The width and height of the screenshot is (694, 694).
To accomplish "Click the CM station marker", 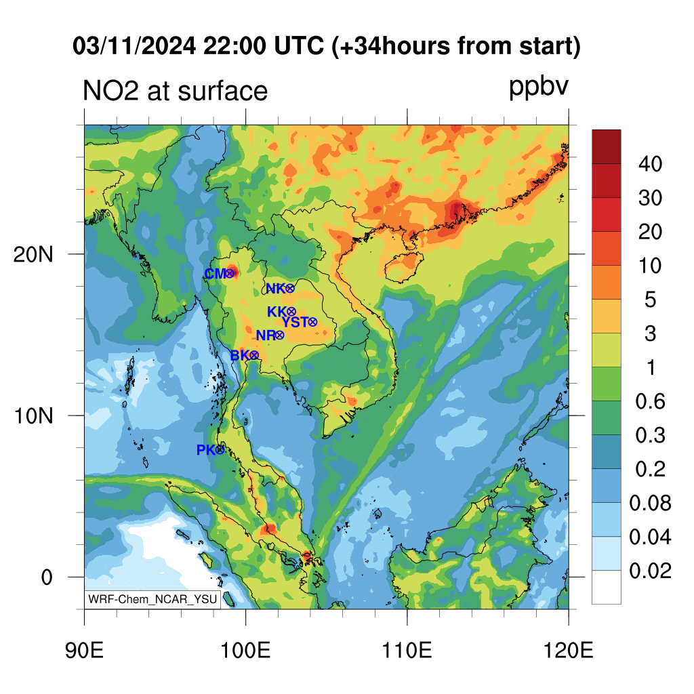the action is [230, 274].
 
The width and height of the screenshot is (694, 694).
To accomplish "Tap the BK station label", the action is [240, 355].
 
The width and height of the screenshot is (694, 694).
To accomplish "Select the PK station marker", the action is [220, 450].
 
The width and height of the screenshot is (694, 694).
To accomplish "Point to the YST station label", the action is [295, 322].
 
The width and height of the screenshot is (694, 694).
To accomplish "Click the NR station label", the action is [266, 335].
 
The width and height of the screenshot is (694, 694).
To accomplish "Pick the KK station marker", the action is [291, 312].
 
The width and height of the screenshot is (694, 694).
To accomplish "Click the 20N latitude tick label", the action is [33, 255].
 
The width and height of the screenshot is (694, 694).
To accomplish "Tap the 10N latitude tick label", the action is [33, 416].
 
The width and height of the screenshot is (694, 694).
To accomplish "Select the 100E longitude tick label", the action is [245, 650].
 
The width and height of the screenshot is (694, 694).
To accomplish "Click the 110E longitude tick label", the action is [407, 650].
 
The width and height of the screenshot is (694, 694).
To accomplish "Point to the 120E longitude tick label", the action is [569, 650].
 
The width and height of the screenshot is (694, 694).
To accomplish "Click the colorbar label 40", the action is [650, 164].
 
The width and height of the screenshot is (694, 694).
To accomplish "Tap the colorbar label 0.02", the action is [650, 571].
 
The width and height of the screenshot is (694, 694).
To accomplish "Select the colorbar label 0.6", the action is [650, 401].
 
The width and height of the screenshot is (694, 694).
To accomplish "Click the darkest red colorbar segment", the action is [607, 146].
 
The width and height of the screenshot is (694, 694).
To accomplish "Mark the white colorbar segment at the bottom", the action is [607, 587].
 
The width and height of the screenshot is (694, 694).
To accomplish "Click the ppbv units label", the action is [538, 86].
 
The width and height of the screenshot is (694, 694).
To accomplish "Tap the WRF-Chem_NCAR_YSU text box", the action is [152, 599].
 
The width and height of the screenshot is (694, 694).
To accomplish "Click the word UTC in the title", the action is [299, 45].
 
